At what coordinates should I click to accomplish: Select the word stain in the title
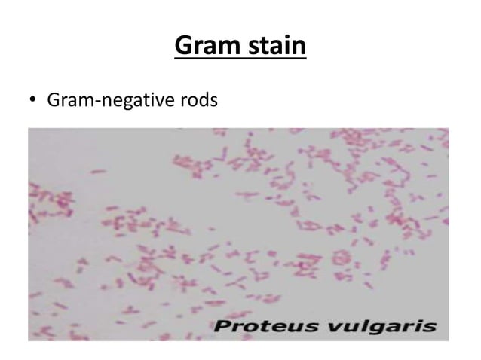[x=274, y=47]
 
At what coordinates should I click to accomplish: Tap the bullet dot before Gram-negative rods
[x=33, y=99]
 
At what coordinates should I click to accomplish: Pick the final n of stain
[x=299, y=48]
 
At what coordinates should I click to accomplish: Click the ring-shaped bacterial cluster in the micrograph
[x=344, y=259]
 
